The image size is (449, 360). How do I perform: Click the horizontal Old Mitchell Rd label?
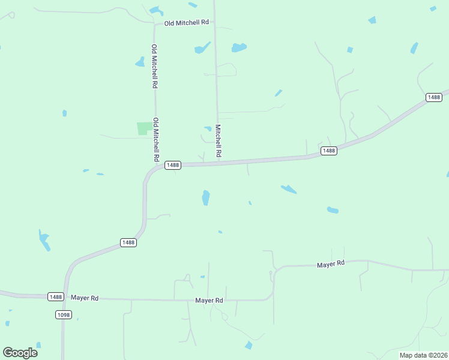(x=187, y=23)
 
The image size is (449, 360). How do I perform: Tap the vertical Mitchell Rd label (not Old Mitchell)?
(x=218, y=141)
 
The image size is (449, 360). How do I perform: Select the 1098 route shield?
(x=63, y=314)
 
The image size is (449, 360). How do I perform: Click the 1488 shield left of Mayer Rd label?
(x=55, y=296)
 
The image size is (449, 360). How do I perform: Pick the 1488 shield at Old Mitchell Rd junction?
(x=172, y=165)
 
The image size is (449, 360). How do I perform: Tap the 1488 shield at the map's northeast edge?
(x=433, y=97)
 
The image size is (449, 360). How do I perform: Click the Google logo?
(x=20, y=352)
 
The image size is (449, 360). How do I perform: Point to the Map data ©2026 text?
(x=423, y=355)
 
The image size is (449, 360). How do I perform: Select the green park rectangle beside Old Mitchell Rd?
(x=144, y=128)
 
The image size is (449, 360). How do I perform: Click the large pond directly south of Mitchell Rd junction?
(x=206, y=197)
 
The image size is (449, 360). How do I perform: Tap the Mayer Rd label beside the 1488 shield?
(x=84, y=298)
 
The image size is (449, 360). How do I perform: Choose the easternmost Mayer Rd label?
(x=331, y=263)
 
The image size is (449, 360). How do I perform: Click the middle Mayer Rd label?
(x=209, y=300)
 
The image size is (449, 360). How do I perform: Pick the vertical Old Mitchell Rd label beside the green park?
(x=156, y=139)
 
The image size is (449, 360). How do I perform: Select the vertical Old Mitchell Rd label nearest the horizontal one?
(x=155, y=66)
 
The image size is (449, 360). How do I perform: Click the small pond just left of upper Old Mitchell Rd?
(x=140, y=61)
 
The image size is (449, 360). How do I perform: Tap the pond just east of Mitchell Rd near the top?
(x=239, y=47)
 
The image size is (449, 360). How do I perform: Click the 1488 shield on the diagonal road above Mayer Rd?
(x=128, y=242)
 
